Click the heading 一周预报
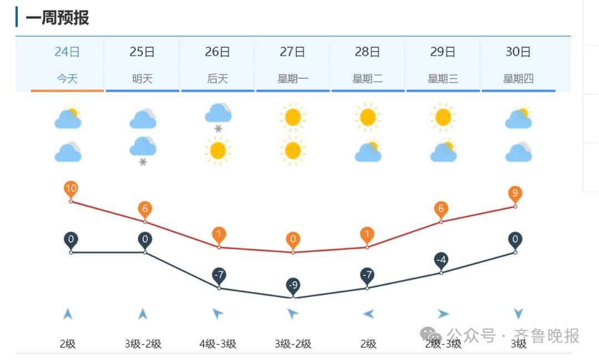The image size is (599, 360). (x=57, y=18)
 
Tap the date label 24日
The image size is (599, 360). (x=67, y=52)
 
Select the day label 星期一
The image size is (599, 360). (x=293, y=79)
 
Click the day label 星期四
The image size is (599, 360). (x=518, y=79)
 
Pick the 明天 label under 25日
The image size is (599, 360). (x=143, y=79)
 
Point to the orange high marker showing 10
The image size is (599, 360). (x=71, y=189)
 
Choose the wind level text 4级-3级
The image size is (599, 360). (x=218, y=344)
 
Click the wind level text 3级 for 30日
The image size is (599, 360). (x=519, y=344)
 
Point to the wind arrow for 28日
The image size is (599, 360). (x=368, y=315)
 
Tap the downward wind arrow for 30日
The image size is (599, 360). (x=519, y=315)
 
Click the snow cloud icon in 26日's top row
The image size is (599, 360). (x=218, y=117)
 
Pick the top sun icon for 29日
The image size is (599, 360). (x=443, y=117)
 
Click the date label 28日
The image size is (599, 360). (x=368, y=52)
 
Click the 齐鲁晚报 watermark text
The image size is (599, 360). (x=546, y=336)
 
